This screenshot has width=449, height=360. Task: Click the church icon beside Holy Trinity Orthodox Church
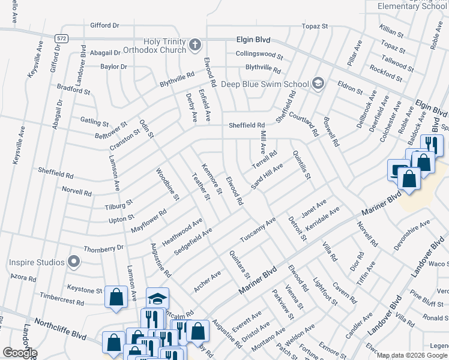pos(195,44)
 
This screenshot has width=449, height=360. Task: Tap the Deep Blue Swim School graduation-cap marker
pos(319,83)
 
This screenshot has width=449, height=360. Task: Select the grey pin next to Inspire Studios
pos(74,262)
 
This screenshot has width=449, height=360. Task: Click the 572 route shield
pos(62,38)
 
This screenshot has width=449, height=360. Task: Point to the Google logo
pos(20,353)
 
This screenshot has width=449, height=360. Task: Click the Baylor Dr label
pos(113,67)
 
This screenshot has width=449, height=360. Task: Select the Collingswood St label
pos(259,54)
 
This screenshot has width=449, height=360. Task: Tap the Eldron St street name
pos(349,88)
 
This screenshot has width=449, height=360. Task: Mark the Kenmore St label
pos(212,178)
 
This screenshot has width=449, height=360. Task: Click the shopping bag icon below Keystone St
pos(116,296)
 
